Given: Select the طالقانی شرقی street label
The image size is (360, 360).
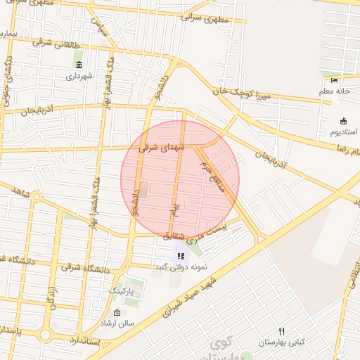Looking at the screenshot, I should pos(59,45).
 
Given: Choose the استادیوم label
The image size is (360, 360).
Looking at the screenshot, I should pos(344,131).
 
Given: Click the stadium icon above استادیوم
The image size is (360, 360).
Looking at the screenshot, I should pos(343,121).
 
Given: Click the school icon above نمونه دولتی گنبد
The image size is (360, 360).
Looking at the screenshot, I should pos(181,256).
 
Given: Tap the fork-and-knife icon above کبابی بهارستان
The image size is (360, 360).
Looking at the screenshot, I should pos(281,331).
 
